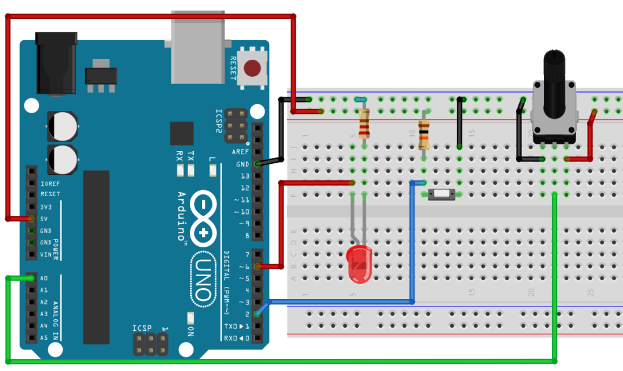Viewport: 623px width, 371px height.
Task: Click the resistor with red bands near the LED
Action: (x=364, y=124)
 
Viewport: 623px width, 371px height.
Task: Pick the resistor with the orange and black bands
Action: (x=424, y=135)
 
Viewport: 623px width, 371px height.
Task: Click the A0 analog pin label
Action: (x=44, y=278)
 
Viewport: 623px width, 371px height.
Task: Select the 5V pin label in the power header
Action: (x=44, y=219)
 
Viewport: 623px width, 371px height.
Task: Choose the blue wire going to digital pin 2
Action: (x=341, y=302)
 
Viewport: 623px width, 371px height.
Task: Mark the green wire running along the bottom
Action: (x=280, y=361)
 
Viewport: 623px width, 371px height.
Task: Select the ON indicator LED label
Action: (x=190, y=333)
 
